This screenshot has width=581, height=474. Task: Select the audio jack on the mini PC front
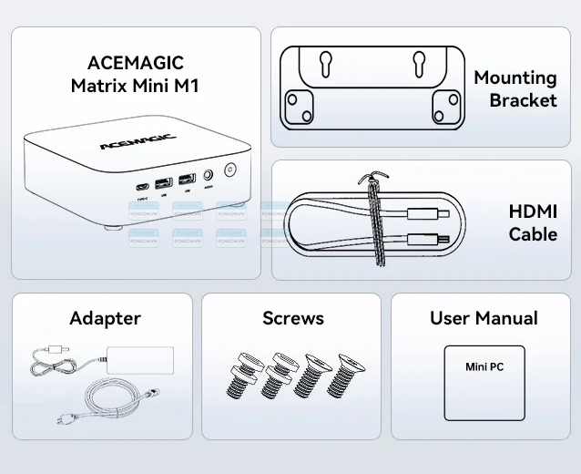[x=210, y=173]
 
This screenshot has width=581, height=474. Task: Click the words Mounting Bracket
[x=515, y=88]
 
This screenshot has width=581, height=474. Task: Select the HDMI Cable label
[x=533, y=222]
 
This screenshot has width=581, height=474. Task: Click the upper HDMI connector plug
[x=427, y=216]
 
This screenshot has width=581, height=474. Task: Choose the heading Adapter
[x=105, y=318]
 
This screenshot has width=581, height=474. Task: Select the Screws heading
[x=293, y=318]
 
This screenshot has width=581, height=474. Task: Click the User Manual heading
[x=484, y=318]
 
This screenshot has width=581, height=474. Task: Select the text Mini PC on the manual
[x=484, y=367]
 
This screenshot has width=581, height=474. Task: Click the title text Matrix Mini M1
[x=135, y=86]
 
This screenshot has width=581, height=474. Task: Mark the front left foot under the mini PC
[x=111, y=229]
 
